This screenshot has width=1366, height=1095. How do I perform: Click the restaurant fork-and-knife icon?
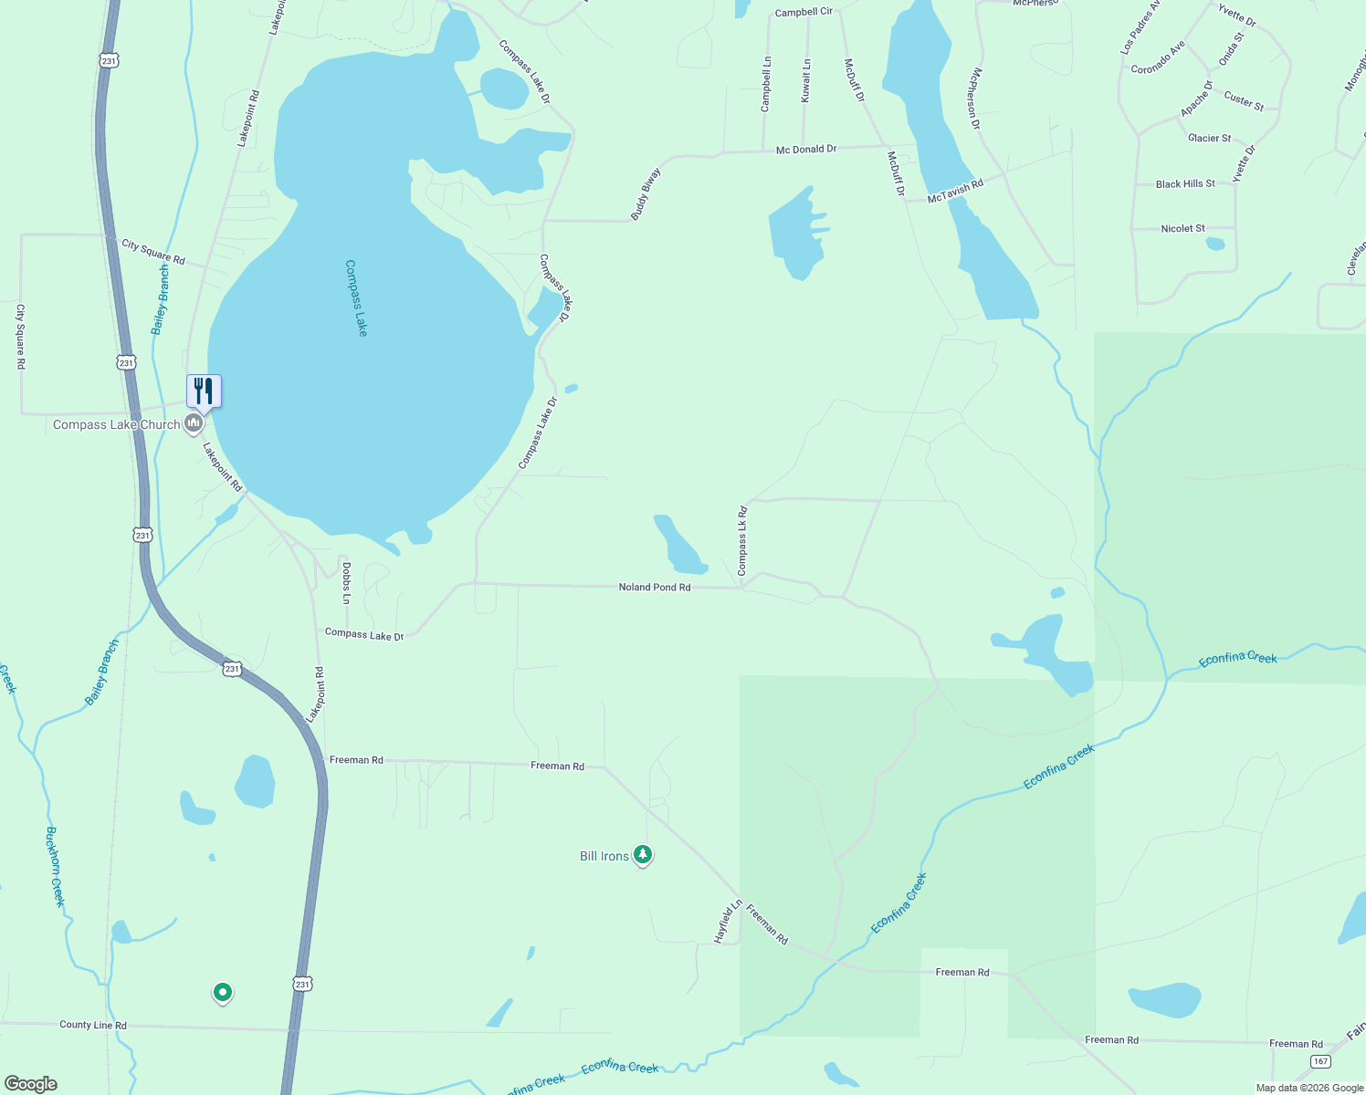coord(204,391)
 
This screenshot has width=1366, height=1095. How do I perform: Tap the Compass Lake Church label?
coord(116,424)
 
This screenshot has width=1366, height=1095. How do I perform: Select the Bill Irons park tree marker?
coord(643,855)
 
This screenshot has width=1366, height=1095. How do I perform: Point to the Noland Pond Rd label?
coord(654,587)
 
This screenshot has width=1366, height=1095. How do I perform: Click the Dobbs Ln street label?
coord(347,582)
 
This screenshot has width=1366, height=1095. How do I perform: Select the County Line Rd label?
coord(93,1025)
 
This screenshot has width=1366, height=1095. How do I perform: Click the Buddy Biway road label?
coord(646,193)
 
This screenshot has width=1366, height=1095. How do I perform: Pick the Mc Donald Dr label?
coord(805,149)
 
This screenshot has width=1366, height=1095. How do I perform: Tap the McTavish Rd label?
coord(955,191)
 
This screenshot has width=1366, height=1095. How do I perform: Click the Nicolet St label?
coord(1182,228)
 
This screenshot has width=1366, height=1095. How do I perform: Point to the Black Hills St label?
coord(1185,183)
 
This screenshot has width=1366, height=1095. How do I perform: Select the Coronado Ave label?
coord(1158,57)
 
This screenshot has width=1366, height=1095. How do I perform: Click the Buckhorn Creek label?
coord(56,867)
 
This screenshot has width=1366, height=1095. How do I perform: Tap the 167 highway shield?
coord(1320,1061)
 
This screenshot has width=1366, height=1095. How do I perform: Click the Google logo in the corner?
coord(30,1084)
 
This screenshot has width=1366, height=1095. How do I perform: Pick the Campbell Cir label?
coord(804,12)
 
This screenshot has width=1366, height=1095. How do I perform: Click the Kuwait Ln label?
coord(806,80)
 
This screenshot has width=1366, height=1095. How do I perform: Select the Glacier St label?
coord(1209,138)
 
